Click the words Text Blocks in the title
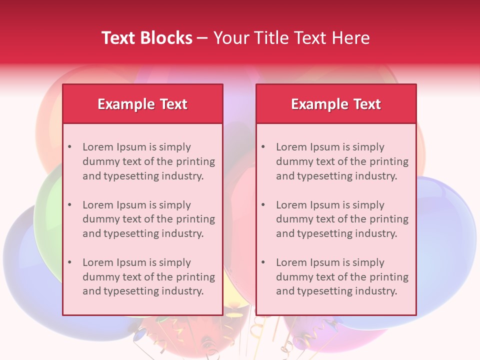pos(147,38)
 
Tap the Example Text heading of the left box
pos(142,104)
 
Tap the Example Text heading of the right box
pos(336,104)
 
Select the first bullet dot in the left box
pos(69,147)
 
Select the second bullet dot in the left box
pos(69,205)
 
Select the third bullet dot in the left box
pos(69,262)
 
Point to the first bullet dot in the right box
pos(263,147)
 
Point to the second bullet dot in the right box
pos(263,205)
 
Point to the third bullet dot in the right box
pos(263,262)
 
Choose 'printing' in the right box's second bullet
pos(388,219)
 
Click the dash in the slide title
pos(202,38)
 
